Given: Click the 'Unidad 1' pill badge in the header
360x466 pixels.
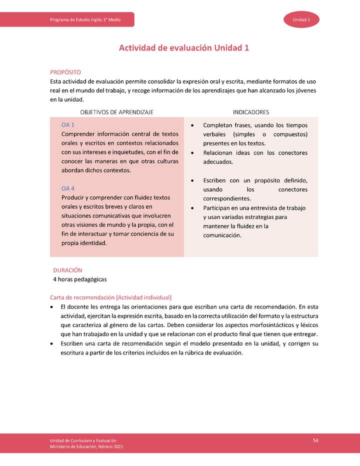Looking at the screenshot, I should point(301,19).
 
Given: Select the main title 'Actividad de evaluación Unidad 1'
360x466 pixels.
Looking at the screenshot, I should point(183,48).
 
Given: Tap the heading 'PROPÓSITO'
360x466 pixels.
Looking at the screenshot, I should point(65,72).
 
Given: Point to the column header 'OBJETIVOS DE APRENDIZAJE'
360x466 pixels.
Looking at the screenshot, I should point(116,112).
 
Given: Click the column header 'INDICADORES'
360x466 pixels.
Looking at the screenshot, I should point(250,112).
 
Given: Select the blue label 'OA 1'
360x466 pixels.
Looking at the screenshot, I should point(68,124).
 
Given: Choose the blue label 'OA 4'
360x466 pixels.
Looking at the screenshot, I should point(68,188).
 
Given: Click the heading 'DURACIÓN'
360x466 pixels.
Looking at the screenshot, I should point(67,270).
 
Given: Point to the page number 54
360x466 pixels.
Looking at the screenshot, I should point(315,440).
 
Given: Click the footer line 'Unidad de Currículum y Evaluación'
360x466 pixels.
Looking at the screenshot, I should point(83,440).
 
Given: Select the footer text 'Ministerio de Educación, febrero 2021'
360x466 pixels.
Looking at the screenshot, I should point(86,446).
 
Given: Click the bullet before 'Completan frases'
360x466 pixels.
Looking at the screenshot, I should point(193,125).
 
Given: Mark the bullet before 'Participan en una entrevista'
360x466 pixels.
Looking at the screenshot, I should point(193,208).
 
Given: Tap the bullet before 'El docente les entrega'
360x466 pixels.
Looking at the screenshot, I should point(52,306).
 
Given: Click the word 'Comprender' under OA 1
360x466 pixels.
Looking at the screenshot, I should point(77,134).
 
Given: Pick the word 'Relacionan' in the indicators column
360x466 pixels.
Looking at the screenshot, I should point(219,153).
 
